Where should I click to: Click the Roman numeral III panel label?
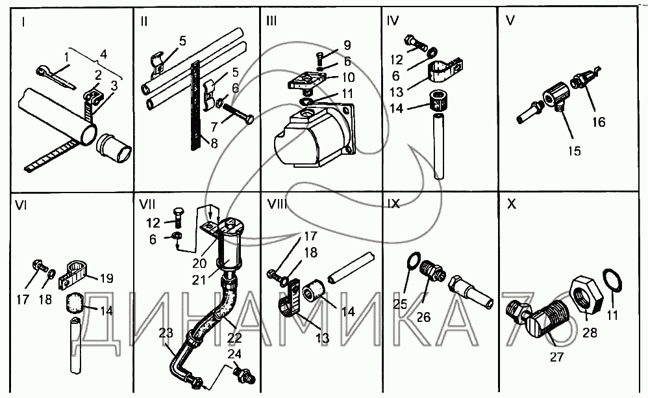271,21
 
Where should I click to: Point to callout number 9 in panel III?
347,46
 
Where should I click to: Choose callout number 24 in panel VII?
234,354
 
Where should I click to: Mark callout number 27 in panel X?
556,356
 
